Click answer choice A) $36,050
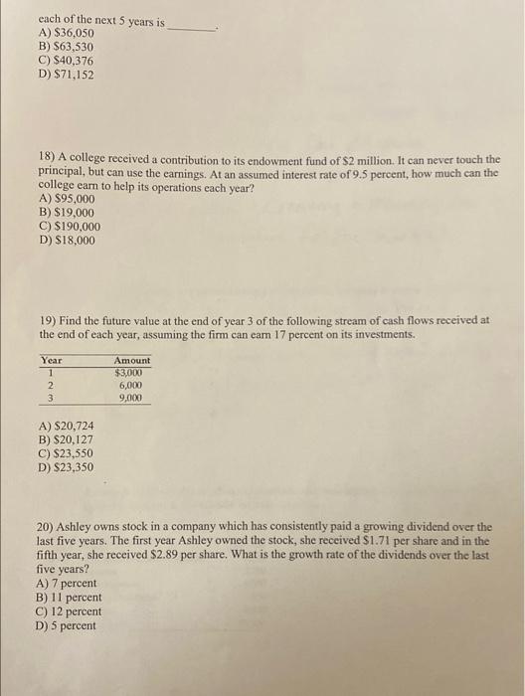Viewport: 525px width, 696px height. (x=66, y=33)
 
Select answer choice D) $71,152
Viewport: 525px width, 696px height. (x=66, y=75)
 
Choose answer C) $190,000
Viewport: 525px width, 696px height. (x=70, y=226)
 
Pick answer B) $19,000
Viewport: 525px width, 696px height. (x=66, y=212)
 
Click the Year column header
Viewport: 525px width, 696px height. (x=51, y=361)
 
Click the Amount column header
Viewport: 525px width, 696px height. (x=132, y=361)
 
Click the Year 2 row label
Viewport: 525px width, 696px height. (x=50, y=385)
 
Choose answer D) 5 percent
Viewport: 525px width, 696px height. (x=66, y=625)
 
